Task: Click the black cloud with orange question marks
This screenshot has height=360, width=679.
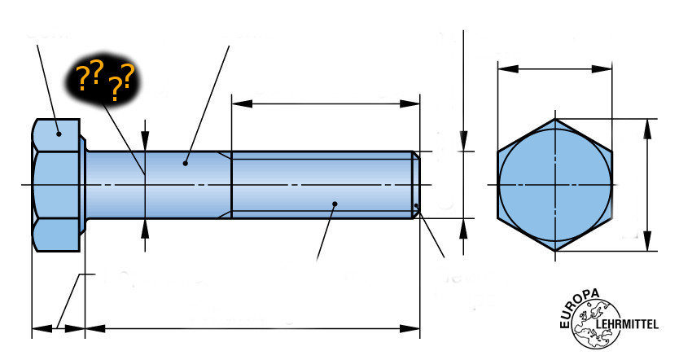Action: (x=103, y=79)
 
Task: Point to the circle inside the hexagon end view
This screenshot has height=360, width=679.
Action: (x=554, y=185)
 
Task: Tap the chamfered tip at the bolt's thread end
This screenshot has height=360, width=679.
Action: (x=416, y=185)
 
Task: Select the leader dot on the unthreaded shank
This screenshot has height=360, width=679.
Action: (x=186, y=163)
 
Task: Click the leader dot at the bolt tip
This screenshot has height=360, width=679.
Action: (x=417, y=205)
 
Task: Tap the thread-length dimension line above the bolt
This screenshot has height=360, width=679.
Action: (x=326, y=103)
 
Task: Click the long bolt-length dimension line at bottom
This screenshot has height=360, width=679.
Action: (x=253, y=329)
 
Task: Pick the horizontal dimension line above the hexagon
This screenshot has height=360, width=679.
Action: (x=554, y=69)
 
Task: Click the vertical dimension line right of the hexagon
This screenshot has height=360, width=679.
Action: (x=649, y=185)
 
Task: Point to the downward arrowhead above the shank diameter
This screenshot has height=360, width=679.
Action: (x=145, y=143)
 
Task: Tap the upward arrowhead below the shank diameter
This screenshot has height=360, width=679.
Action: (x=145, y=229)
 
